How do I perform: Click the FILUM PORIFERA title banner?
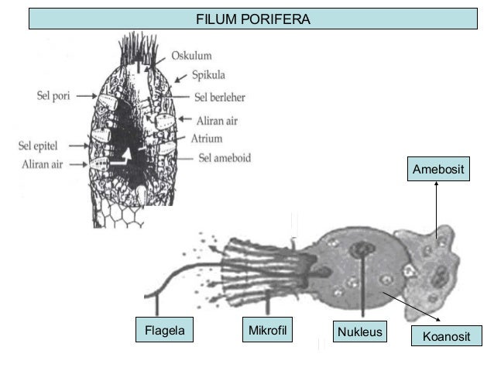pyautogui.click(x=252, y=18)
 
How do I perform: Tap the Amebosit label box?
pyautogui.click(x=439, y=170)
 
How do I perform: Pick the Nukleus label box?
pyautogui.click(x=360, y=333)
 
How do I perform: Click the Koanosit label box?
pyautogui.click(x=449, y=335)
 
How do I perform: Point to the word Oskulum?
pyautogui.click(x=191, y=55)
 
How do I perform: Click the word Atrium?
pyautogui.click(x=207, y=139)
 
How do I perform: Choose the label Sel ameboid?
pyautogui.click(x=225, y=158)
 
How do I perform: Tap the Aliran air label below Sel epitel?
pyautogui.click(x=42, y=164)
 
